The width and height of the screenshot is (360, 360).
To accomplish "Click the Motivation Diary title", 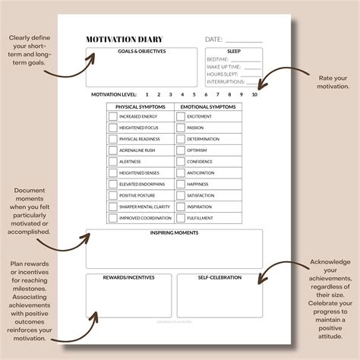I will pyautogui.click(x=125, y=39).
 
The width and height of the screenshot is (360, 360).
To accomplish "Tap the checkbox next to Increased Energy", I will pyautogui.click(x=113, y=117).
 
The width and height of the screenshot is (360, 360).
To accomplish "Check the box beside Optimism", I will pyautogui.click(x=181, y=150).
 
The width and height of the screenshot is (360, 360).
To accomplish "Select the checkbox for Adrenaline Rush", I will pyautogui.click(x=113, y=150).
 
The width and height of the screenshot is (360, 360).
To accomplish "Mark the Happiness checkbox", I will pyautogui.click(x=181, y=184).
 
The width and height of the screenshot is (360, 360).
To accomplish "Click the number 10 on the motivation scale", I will pyautogui.click(x=254, y=94).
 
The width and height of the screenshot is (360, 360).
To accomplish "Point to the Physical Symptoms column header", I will pyautogui.click(x=140, y=106).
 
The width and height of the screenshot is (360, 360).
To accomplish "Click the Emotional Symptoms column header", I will pyautogui.click(x=208, y=106).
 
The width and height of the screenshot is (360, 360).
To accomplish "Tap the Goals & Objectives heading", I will pyautogui.click(x=141, y=52).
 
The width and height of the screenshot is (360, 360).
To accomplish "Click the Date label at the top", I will pyautogui.click(x=214, y=39).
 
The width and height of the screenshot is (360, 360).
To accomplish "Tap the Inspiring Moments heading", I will pyautogui.click(x=175, y=232).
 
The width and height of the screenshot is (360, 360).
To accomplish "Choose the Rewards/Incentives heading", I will pyautogui.click(x=130, y=277).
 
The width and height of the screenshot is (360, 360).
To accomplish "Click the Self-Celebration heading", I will pyautogui.click(x=220, y=277).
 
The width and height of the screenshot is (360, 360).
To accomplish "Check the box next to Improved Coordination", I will pyautogui.click(x=113, y=217).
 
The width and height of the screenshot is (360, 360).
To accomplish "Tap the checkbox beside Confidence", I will pyautogui.click(x=181, y=161).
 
